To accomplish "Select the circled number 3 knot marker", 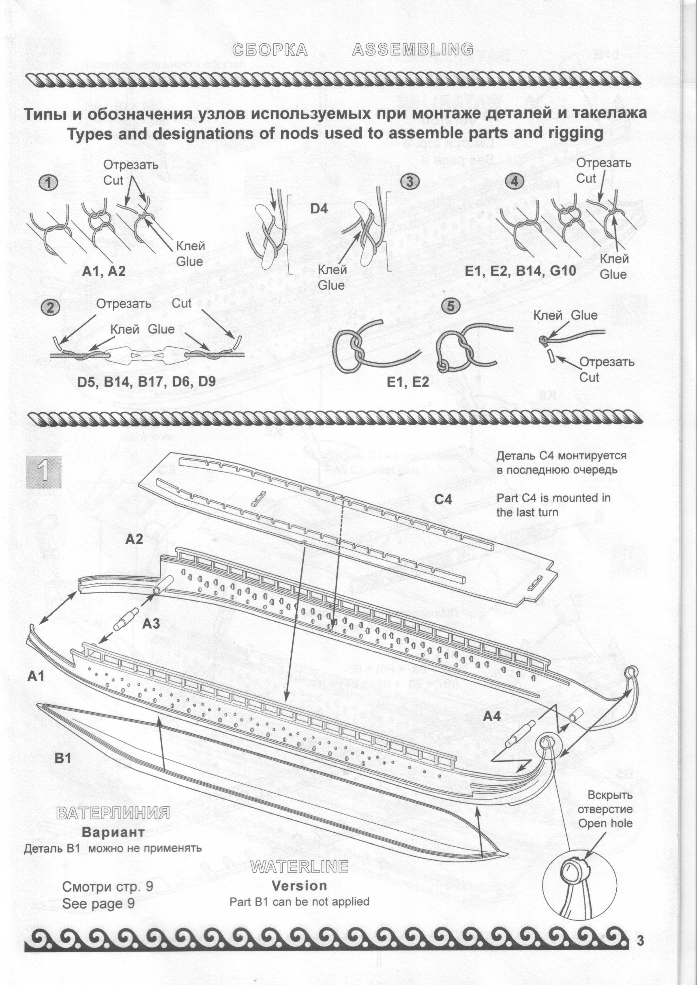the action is click(409, 182).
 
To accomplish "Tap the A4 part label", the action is click(492, 716).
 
